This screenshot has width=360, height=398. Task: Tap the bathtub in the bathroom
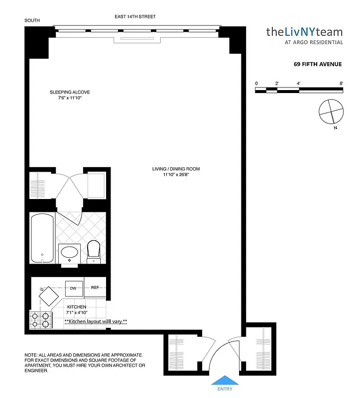[42, 237]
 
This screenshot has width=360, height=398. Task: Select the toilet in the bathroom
[94, 251]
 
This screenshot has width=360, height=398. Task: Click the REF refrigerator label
[95, 287]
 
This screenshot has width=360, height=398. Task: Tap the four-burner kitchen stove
[40, 319]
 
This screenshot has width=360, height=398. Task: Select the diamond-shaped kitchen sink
[49, 298]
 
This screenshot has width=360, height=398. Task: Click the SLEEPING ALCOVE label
[70, 92]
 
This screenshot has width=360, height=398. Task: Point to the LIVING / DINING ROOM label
[176, 169]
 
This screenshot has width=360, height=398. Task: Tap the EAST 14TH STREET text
[135, 17]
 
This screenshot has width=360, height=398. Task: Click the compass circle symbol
[330, 111]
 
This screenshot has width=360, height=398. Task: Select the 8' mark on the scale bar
[342, 84]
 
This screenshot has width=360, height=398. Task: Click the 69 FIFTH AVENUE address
[317, 64]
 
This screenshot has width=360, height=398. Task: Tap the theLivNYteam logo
[304, 33]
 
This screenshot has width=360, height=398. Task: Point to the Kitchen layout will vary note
[96, 322]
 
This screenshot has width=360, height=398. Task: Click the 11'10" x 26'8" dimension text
[176, 175]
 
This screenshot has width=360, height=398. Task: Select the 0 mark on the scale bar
[256, 84]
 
